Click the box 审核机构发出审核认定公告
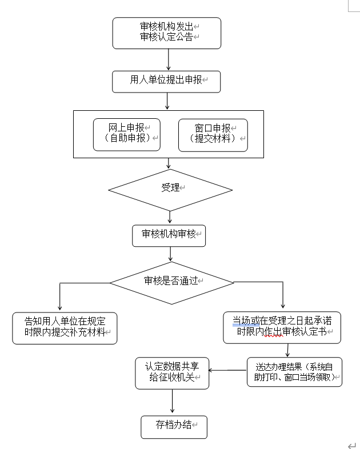pos(166,33)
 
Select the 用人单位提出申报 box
pos(166,81)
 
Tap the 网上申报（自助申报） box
pos(127,135)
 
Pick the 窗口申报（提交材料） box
pos(213,135)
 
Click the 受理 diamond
pos(170,190)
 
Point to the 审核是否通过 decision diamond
pos(171,282)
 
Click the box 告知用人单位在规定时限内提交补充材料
pos(65,327)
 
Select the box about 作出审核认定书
pos(282,327)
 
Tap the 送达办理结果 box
pos(294,372)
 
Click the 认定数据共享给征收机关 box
pos(171,373)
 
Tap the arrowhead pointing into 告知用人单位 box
pos(60,308)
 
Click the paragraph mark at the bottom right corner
pos(351,445)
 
